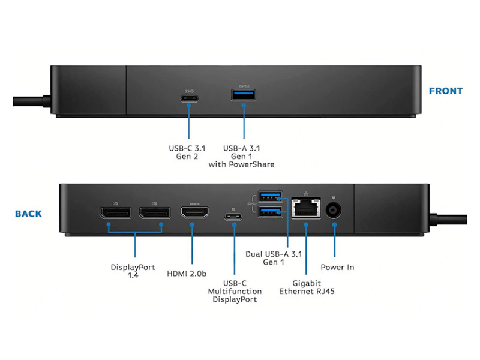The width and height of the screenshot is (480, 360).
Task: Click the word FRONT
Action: (445, 91)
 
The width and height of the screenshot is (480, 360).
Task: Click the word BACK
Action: (29, 214)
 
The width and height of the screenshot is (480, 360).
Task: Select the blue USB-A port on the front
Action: (244, 95)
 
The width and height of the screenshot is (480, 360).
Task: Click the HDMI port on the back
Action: (194, 213)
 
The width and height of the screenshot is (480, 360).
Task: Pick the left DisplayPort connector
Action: (115, 213)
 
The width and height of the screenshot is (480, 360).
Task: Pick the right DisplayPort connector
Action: (154, 213)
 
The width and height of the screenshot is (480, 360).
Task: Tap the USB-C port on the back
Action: (233, 217)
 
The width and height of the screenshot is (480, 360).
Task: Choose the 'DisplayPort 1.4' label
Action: (133, 271)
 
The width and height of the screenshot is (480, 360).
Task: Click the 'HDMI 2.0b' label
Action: (187, 274)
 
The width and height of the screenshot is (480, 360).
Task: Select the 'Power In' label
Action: (337, 267)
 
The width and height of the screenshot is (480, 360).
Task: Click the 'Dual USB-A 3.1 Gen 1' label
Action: (274, 258)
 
